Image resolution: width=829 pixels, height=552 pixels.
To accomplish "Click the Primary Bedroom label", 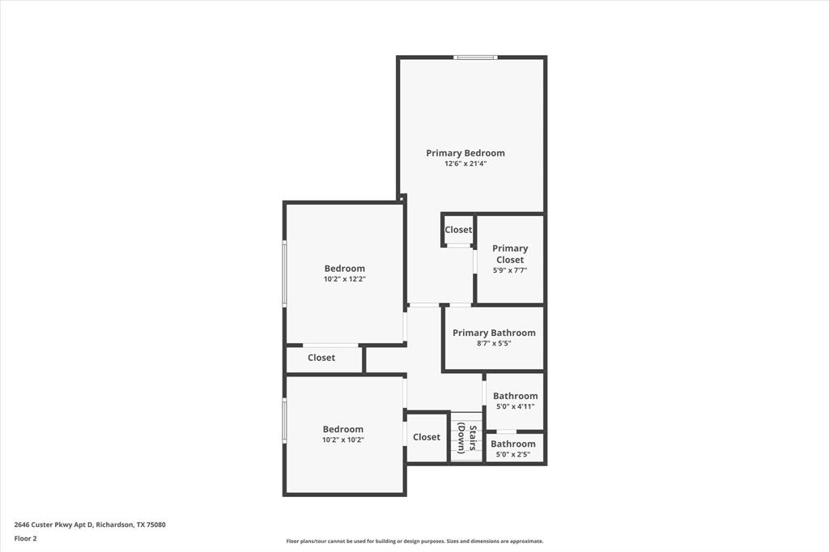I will click(x=466, y=153).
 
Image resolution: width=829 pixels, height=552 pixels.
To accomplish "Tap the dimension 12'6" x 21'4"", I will click(x=466, y=163).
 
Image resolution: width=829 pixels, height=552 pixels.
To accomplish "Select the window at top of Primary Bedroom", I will click(x=474, y=57).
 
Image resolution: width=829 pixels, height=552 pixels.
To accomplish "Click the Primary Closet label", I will click(x=510, y=254).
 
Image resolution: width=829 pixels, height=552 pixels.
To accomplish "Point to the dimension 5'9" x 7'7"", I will click(x=510, y=270).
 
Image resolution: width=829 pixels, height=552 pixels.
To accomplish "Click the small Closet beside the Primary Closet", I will click(x=458, y=230).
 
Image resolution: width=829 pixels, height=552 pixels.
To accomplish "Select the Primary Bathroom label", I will click(x=494, y=333).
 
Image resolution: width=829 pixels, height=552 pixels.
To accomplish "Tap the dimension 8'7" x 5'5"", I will click(x=494, y=343).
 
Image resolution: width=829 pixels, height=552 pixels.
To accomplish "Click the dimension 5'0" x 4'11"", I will click(x=515, y=406).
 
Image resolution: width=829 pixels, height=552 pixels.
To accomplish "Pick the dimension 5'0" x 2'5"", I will click(x=513, y=454).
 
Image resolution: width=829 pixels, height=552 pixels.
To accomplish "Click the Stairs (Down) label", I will click(x=466, y=437).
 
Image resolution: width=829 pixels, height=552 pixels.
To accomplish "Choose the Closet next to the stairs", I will click(x=427, y=437).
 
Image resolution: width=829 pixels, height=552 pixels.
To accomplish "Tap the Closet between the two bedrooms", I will click(x=321, y=358).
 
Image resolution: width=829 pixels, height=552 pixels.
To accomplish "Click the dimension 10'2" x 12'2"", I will click(x=345, y=279).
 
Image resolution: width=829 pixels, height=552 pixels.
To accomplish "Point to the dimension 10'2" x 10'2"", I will click(x=343, y=440).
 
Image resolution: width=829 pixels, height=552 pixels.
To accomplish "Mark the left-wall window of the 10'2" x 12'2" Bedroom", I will click(x=284, y=273).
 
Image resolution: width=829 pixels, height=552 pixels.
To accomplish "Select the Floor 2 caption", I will click(x=26, y=538).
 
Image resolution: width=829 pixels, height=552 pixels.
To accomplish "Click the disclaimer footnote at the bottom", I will click(x=414, y=541).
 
